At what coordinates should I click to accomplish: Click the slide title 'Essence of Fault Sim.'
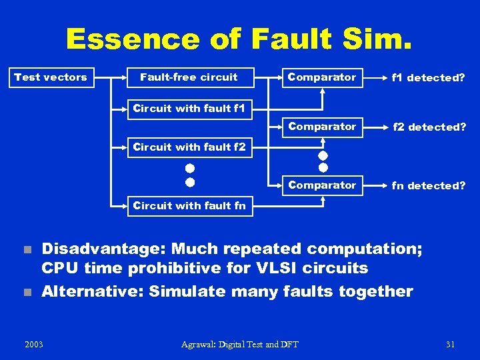(239, 39)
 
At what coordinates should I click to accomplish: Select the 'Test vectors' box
(51, 77)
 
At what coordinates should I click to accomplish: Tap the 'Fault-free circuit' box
(189, 77)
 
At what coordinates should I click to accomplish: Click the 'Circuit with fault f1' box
(189, 108)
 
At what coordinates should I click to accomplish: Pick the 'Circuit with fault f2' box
(189, 147)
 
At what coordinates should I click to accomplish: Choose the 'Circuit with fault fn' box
(189, 205)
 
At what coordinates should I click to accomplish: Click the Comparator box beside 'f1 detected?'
(322, 77)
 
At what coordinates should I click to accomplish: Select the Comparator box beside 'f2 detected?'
(322, 127)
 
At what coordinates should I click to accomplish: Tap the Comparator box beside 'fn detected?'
(322, 185)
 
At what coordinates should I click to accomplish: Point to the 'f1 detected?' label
(429, 78)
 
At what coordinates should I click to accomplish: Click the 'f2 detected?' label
(429, 127)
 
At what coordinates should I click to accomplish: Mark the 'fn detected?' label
(429, 186)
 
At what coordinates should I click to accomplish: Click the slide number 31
(450, 344)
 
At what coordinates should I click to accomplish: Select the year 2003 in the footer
(33, 344)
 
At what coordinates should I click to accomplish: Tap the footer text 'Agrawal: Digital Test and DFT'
(239, 344)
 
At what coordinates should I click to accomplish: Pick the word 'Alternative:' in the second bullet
(91, 291)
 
